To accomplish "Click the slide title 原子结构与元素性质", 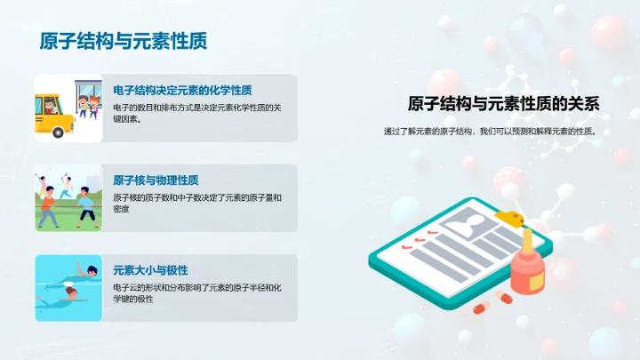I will click(124, 42).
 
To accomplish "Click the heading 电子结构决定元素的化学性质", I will click(182, 90).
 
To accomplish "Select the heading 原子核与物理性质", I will click(156, 180).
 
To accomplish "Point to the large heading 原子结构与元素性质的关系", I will click(504, 104).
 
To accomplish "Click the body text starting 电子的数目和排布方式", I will click(196, 113).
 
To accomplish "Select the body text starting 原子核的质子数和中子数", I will click(196, 203).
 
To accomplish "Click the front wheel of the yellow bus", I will click(60, 132).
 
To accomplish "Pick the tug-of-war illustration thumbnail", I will click(68, 198).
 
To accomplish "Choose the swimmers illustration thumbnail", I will click(68, 288).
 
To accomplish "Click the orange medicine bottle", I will click(528, 271).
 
